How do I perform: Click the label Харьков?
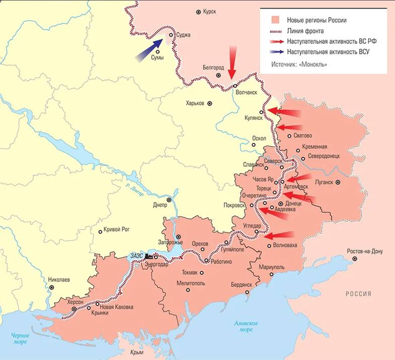tap(195, 103)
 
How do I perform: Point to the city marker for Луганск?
tap(338, 182)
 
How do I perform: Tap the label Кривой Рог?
tap(116, 229)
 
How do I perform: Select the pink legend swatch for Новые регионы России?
tap(274, 20)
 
